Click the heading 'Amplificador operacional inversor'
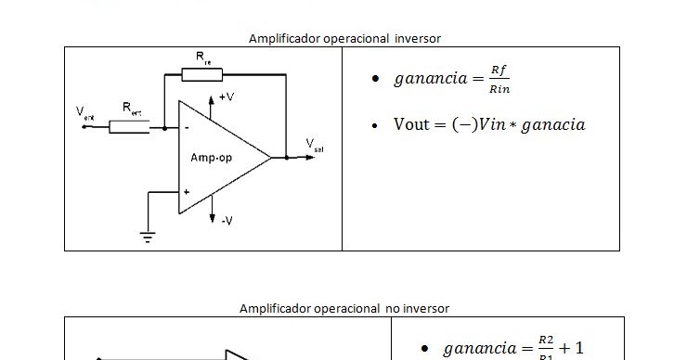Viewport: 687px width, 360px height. tap(344, 38)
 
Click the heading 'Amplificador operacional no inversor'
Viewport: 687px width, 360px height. tap(344, 307)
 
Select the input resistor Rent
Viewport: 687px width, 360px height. tap(129, 127)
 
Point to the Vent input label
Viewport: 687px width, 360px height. tap(84, 113)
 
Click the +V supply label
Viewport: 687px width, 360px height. tap(227, 97)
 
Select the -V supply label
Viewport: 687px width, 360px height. tap(227, 219)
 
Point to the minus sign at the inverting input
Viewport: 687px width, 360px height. tap(187, 127)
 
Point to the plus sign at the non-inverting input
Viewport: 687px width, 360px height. tap(187, 192)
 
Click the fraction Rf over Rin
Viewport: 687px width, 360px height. tap(499, 80)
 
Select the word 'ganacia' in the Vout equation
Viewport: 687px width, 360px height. tap(553, 125)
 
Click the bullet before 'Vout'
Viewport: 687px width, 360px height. tap(374, 125)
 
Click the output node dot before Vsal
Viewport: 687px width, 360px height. tap(287, 158)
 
